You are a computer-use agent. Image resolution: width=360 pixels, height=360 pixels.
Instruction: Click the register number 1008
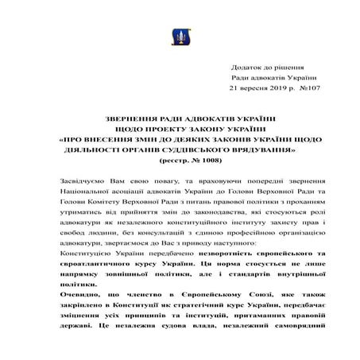click(195, 160)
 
